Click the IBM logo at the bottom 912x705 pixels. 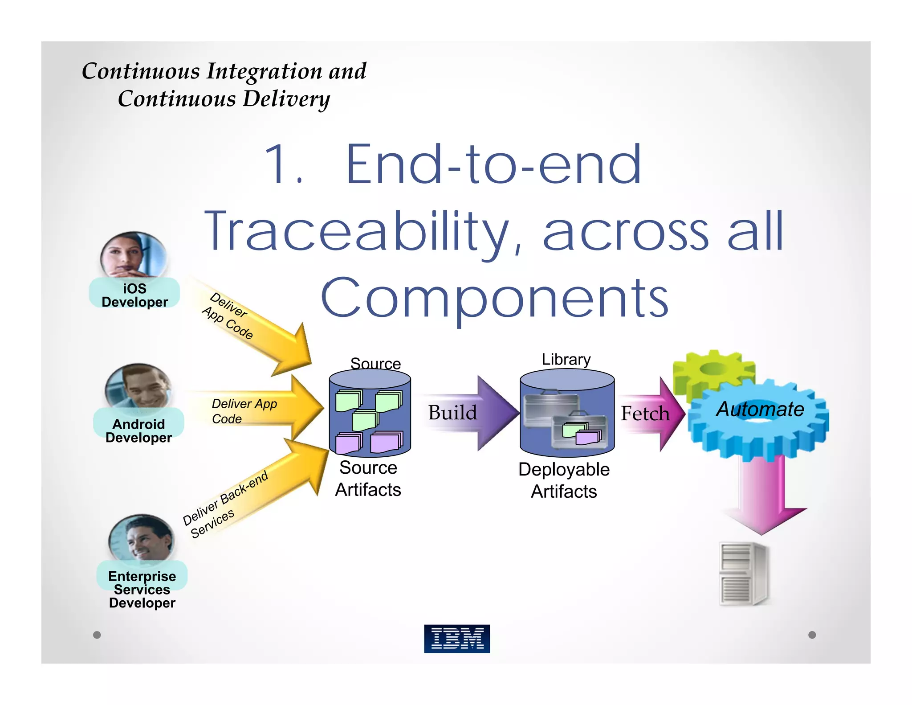click(456, 638)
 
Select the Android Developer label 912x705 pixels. click(138, 430)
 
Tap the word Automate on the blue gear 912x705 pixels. click(760, 409)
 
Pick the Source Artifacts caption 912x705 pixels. click(368, 478)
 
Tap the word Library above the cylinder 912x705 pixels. click(566, 359)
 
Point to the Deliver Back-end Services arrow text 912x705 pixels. click(225, 504)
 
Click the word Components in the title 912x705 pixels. click(494, 297)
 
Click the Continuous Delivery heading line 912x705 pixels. click(224, 98)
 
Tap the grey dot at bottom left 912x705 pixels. click(97, 635)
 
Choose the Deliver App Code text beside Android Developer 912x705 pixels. click(243, 410)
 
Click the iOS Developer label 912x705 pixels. click(134, 295)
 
